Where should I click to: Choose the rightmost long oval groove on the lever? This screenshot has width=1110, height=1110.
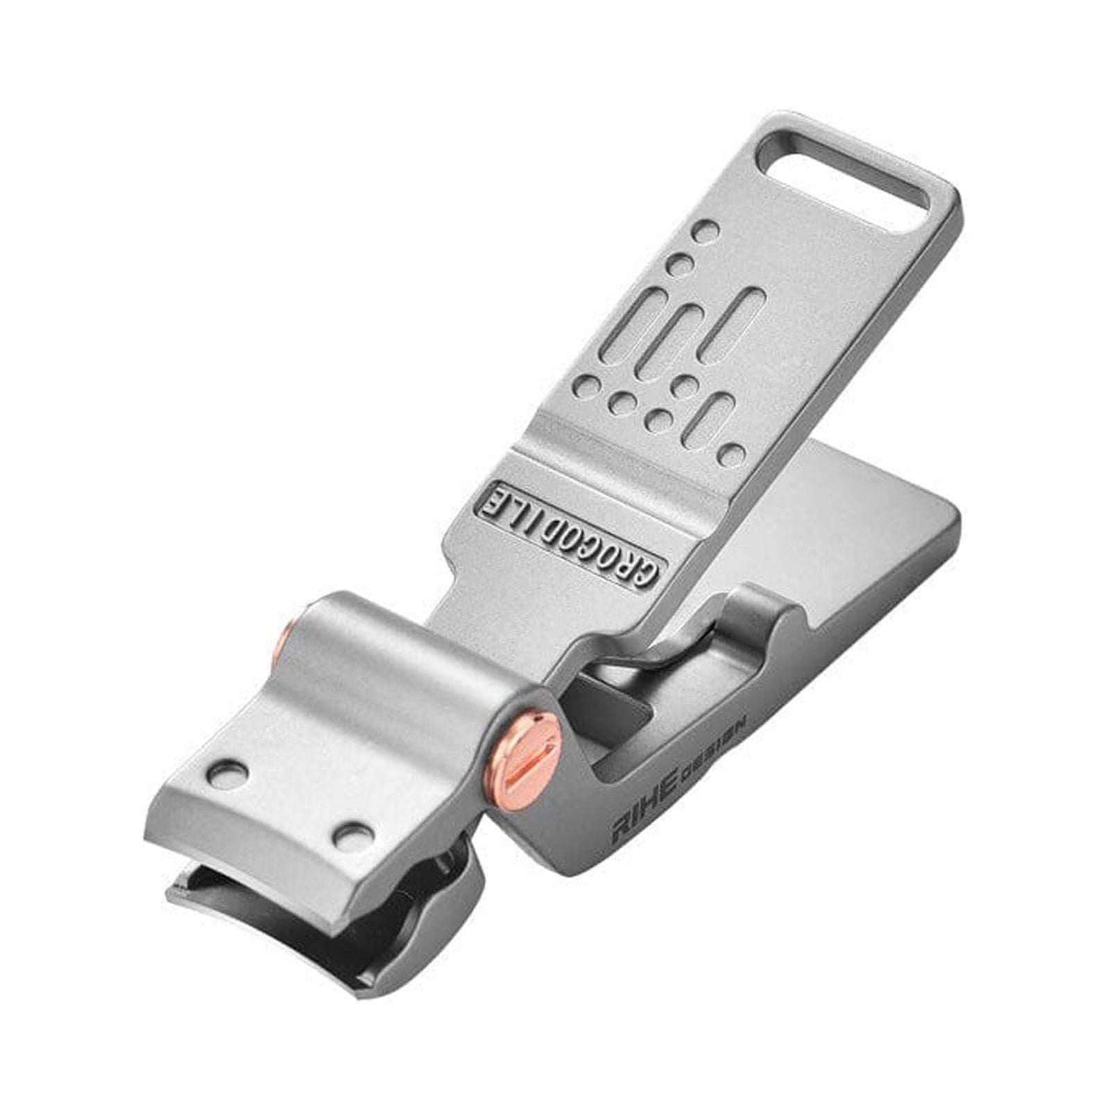coord(741,320)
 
